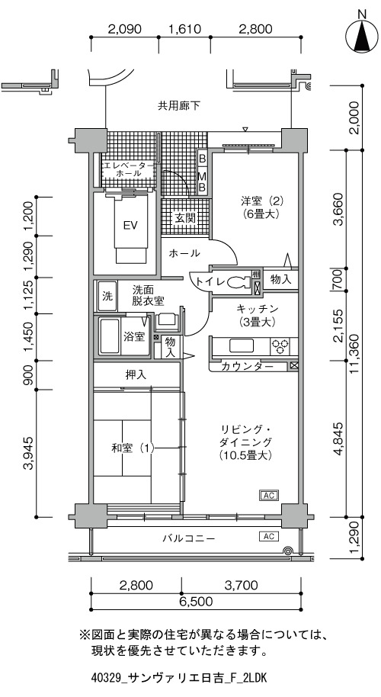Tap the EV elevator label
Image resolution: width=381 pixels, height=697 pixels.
pos(130,226)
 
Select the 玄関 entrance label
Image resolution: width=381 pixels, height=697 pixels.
pos(184,218)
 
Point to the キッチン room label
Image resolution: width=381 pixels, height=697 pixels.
pos(257,309)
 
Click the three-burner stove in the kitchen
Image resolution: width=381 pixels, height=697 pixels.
pos(281,347)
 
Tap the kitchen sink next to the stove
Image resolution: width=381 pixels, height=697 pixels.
pos(242,346)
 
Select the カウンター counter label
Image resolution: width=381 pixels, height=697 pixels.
pos(247,367)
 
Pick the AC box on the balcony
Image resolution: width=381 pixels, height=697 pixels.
pos(269,536)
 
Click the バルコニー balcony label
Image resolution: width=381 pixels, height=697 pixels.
pos(188,538)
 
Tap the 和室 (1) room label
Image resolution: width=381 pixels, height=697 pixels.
pos(133,448)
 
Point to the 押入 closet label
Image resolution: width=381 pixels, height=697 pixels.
pos(136,375)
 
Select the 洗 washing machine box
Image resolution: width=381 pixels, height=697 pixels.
pos(107,297)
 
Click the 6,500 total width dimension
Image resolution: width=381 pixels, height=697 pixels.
pos(196,602)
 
